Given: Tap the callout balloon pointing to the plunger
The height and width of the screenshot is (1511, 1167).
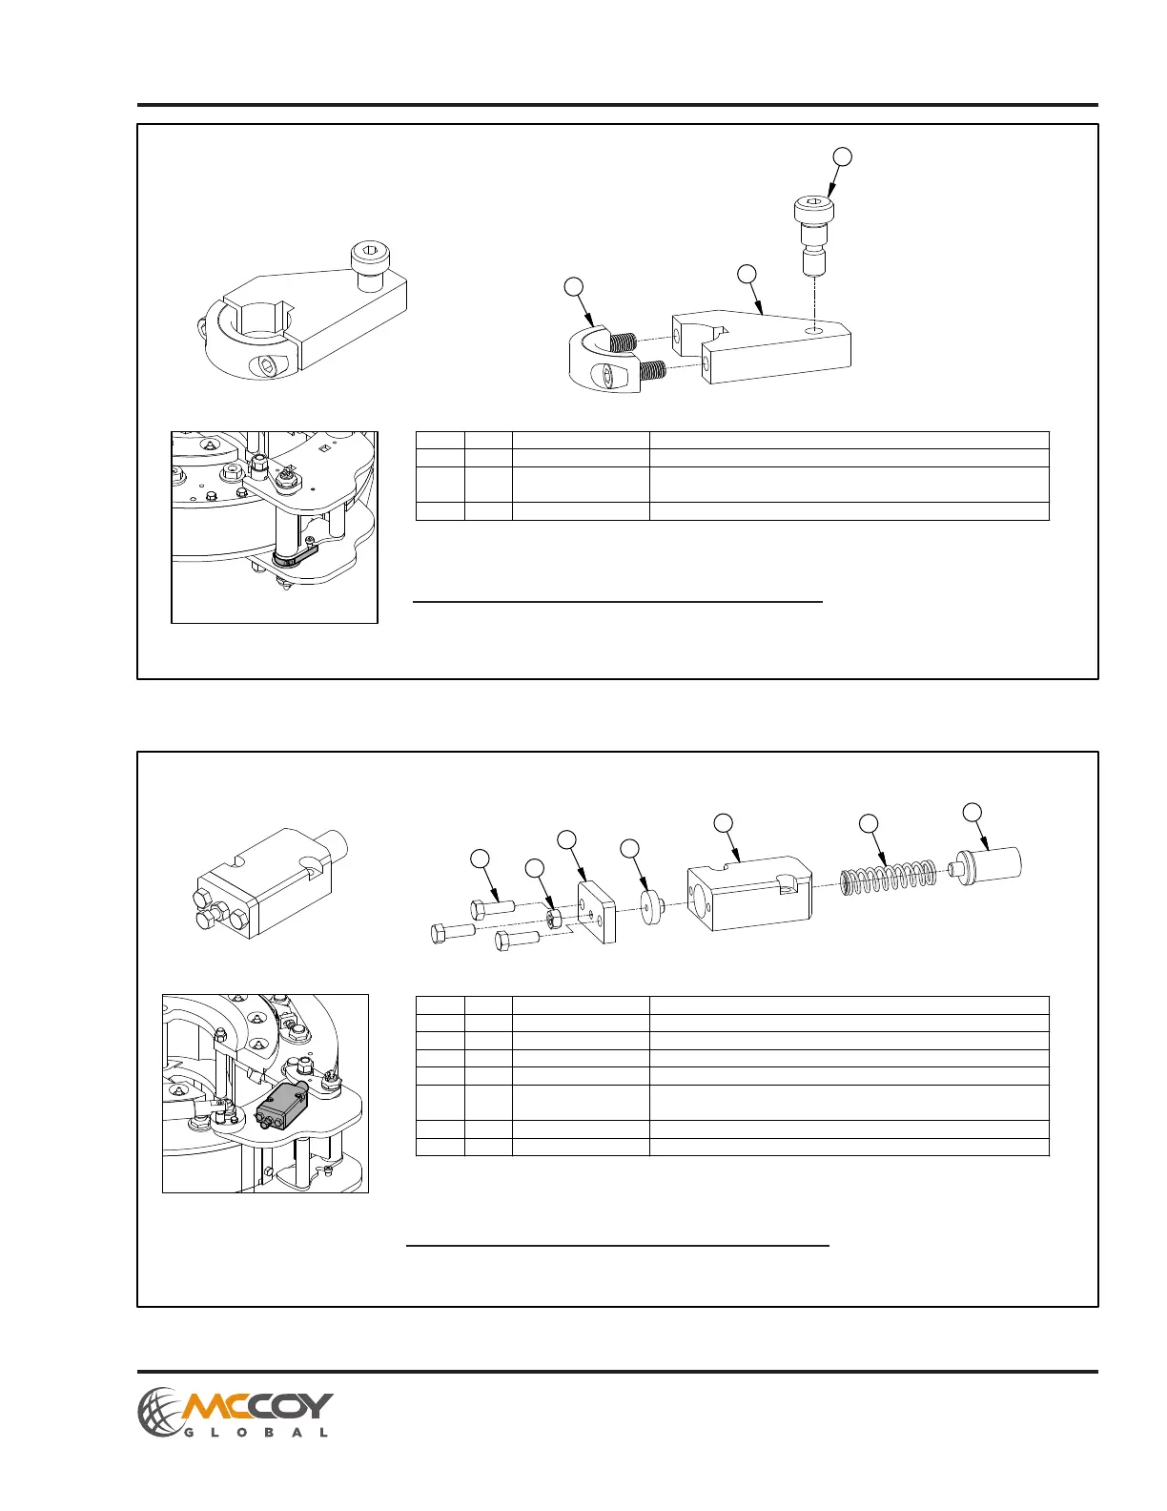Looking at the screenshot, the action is pos(972,812).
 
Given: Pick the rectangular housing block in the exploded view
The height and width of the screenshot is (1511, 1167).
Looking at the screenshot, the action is pos(749,898).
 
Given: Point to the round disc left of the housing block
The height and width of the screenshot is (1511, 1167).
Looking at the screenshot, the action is pos(653,906).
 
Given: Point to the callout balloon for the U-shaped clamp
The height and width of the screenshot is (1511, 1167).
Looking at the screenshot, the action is pos(573,285).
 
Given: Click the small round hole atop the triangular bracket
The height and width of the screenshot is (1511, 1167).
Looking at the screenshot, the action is pos(813,328).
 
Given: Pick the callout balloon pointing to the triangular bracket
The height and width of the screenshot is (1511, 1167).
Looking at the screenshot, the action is pos(747,274).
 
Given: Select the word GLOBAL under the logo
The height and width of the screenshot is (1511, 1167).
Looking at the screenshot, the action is pos(255,1433).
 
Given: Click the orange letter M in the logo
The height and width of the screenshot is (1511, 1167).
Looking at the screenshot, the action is pos(208,1406).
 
